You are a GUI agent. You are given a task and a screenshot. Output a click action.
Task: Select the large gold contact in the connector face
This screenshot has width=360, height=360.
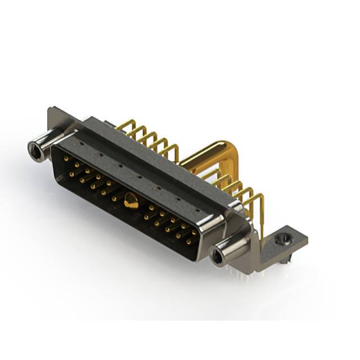pos(131,201)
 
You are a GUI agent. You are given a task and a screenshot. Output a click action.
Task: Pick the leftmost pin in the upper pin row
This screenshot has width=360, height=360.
pos(66,159)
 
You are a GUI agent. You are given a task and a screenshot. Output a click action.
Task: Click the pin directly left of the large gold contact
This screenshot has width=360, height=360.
pos(114,197)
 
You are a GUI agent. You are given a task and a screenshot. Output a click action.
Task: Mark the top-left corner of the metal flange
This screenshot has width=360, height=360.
pos(51,109)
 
